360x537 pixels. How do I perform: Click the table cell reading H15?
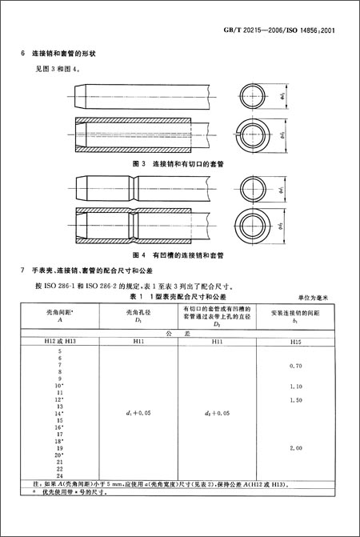297,342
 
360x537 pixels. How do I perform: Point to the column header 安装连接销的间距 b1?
297,315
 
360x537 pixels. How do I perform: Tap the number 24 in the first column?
59,476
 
